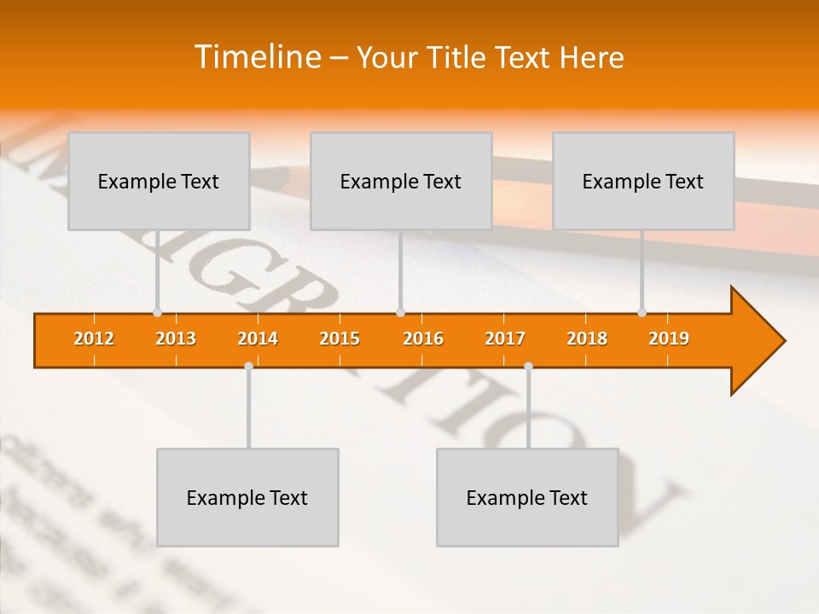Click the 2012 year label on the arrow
click(x=94, y=339)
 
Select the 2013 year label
click(x=176, y=339)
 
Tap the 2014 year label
click(x=258, y=339)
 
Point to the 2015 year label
click(x=340, y=339)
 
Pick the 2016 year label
click(x=423, y=339)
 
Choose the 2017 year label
click(x=505, y=339)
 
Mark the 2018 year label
click(x=587, y=339)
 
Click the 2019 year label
click(x=669, y=339)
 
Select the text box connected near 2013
click(x=159, y=181)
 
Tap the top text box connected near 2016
click(x=401, y=181)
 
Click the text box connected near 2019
click(x=643, y=181)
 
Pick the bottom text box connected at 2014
click(x=247, y=497)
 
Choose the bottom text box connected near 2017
click(x=527, y=497)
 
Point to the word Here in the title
click(x=591, y=57)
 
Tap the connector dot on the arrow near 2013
click(x=157, y=312)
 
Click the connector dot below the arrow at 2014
click(x=248, y=366)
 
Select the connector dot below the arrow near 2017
click(x=528, y=366)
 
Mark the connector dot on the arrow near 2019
click(x=642, y=312)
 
